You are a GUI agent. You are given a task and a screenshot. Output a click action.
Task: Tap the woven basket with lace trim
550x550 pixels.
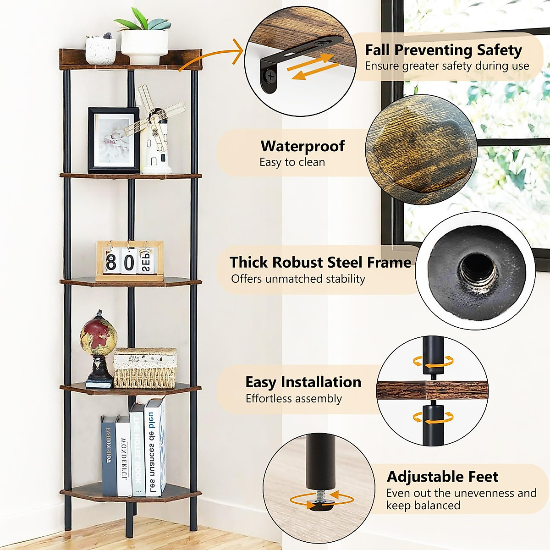click(145, 368)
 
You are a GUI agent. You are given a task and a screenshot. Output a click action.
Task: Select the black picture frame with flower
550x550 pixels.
click(114, 140)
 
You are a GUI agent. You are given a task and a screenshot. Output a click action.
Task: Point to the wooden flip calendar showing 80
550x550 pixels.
click(130, 261)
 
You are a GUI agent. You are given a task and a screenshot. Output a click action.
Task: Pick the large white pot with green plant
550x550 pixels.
click(144, 46)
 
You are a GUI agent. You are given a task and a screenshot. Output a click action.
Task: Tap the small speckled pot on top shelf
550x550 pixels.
click(100, 50)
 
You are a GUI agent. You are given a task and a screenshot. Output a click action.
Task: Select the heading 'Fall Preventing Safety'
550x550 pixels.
click(443, 49)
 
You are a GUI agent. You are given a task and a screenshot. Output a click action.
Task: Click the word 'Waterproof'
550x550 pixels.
click(302, 146)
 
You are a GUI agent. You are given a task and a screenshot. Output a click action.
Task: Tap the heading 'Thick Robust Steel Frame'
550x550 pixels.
click(320, 262)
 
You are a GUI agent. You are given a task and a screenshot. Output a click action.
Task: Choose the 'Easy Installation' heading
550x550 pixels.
click(303, 382)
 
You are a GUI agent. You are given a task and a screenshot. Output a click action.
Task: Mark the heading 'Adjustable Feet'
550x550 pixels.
click(442, 477)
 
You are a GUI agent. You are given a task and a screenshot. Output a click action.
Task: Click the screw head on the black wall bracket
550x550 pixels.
click(271, 74)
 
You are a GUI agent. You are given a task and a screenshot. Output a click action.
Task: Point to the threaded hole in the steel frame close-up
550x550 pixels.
click(478, 270)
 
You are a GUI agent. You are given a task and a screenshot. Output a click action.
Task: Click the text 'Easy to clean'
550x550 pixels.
click(292, 162)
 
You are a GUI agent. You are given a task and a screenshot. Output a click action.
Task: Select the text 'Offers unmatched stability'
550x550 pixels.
click(298, 279)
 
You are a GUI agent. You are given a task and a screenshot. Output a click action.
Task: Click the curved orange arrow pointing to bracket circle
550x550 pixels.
click(211, 57)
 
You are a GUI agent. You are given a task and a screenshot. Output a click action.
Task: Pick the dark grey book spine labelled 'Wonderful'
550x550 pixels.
click(123, 456)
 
